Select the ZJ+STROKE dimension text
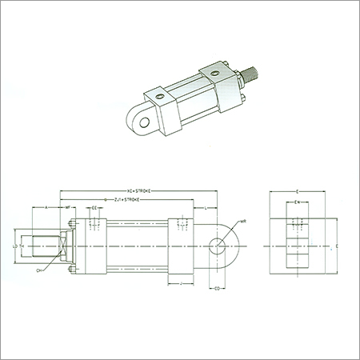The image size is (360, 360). click(128, 199)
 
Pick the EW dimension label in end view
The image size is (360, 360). click(298, 203)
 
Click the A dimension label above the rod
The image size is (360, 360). click(46, 207)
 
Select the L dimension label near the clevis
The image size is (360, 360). click(206, 208)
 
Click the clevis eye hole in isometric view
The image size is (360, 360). click(145, 120)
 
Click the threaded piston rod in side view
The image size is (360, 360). click(38, 244)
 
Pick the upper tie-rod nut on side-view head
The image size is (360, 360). click(71, 221)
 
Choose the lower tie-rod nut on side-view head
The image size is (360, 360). click(71, 269)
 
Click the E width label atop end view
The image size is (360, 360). click(298, 192)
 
